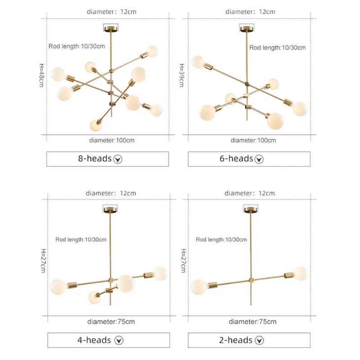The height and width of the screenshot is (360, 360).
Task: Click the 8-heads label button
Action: click(108, 159)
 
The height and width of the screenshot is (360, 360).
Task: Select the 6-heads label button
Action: click(249, 159)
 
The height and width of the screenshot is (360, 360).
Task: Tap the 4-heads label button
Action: click(108, 340)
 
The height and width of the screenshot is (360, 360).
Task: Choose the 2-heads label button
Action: click(249, 340)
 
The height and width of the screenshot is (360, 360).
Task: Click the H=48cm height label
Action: click(41, 75)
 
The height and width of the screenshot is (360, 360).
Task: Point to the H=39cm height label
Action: click(182, 75)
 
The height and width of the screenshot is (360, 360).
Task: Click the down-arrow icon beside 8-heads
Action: click(118, 159)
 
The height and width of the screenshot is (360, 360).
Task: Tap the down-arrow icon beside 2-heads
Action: click(260, 340)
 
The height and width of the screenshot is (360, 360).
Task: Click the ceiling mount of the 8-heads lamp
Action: click(111, 28)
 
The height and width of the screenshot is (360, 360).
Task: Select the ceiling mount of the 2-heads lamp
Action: click(251, 209)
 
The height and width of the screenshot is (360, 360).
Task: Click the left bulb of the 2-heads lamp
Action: click(198, 287)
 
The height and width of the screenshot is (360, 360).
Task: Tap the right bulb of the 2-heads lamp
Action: click(301, 274)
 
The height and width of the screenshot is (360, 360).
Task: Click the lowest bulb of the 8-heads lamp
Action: click(96, 126)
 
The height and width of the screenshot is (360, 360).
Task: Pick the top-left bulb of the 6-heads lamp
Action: click(198, 62)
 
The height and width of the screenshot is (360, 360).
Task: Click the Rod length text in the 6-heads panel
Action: click(278, 48)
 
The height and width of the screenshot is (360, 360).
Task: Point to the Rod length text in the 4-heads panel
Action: click(81, 240)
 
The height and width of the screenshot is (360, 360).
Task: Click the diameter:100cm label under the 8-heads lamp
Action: click(112, 140)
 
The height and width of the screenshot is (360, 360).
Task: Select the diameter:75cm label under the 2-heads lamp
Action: click(252, 322)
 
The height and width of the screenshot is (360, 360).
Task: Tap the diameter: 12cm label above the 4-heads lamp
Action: click(111, 193)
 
